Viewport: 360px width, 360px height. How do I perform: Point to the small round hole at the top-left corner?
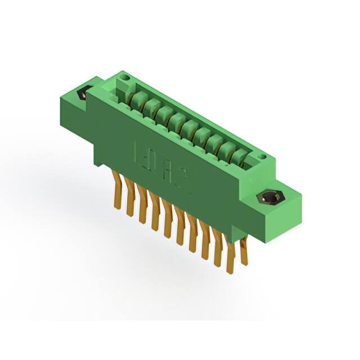125,77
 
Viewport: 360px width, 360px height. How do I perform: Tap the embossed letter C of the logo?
186,186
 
